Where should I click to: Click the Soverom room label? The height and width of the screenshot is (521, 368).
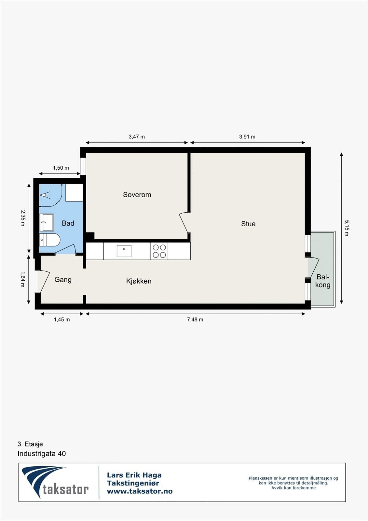(x=137, y=195)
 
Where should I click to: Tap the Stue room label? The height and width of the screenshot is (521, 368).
(x=248, y=224)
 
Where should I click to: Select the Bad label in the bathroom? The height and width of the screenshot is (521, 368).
(x=68, y=223)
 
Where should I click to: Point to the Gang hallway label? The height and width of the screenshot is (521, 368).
(x=63, y=280)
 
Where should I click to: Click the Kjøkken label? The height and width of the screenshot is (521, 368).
(x=139, y=281)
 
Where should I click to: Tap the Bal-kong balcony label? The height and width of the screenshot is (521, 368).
(x=323, y=281)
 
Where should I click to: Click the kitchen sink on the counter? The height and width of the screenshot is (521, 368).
(x=124, y=251)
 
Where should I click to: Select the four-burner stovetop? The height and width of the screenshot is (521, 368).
(x=159, y=251)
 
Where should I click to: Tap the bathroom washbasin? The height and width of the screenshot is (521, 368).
(x=47, y=222)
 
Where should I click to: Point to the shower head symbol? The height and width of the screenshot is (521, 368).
(x=45, y=195)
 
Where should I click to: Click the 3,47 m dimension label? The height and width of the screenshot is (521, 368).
(x=137, y=137)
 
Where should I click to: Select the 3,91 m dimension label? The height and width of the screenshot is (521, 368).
(x=247, y=137)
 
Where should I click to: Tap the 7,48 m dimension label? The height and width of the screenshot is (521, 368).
(x=195, y=319)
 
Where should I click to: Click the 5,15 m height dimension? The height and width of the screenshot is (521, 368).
(x=347, y=228)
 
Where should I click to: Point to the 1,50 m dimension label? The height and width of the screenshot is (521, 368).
(x=61, y=168)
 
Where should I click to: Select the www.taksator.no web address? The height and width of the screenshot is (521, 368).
(x=140, y=491)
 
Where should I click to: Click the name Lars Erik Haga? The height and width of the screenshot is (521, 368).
(x=134, y=475)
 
